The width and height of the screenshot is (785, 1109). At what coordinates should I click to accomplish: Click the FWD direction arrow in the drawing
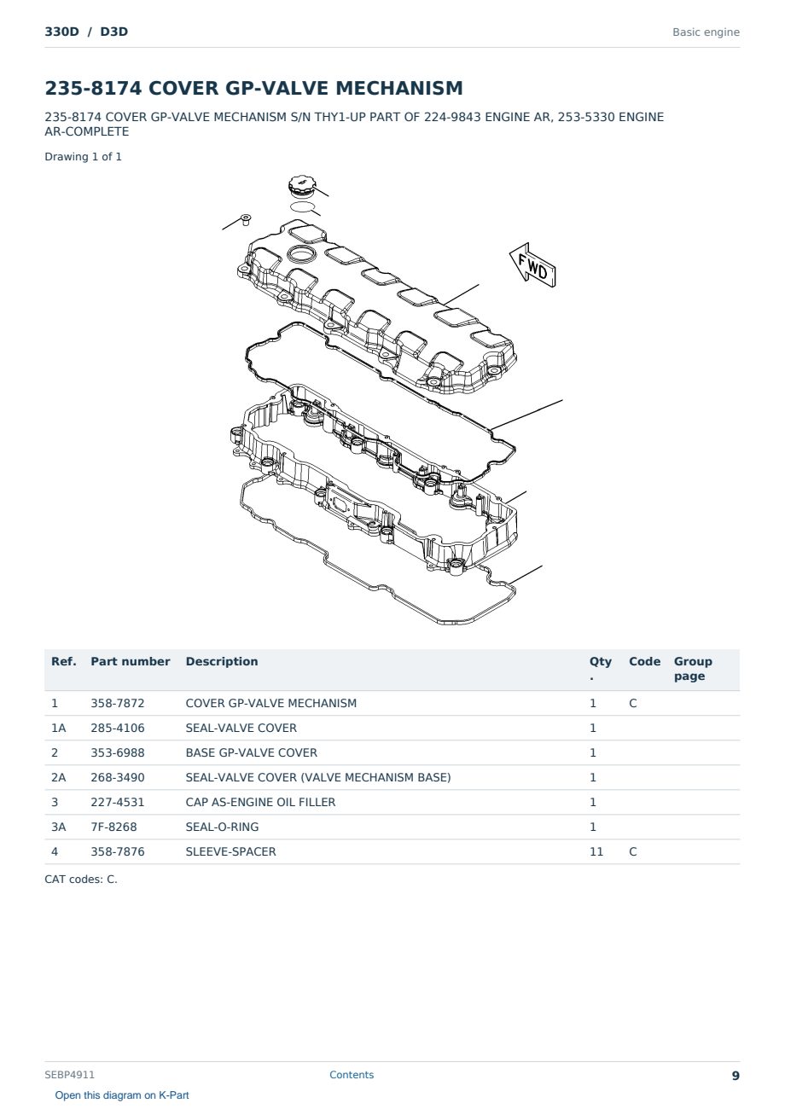533,265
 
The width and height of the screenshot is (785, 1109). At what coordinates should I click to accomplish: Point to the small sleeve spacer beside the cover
245,219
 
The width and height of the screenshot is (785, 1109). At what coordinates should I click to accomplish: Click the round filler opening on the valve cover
301,254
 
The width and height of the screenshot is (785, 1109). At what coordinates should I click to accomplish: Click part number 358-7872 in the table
118,703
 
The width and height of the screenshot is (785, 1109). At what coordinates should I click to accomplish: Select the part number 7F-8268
113,827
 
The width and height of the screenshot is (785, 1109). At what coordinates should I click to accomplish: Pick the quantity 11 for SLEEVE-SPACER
596,851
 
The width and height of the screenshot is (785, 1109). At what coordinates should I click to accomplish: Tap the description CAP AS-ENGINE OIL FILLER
260,802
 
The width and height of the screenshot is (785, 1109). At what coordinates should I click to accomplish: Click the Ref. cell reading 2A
58,777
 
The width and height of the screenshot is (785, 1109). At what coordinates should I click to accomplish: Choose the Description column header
221,661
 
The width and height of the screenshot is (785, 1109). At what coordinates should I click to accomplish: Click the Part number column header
130,661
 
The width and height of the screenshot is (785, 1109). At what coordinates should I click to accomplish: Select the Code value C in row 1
632,703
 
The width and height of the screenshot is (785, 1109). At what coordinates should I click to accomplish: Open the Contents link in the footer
352,1075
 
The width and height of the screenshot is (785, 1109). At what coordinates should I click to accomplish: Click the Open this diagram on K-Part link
122,1095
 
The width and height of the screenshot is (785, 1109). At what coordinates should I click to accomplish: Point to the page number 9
736,1076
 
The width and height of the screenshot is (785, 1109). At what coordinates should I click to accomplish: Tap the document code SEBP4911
69,1075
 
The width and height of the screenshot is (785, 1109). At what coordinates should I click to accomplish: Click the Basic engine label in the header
706,32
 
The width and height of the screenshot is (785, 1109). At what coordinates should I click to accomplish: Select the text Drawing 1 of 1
83,157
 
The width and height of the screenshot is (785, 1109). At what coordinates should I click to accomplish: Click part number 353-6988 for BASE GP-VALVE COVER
118,752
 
